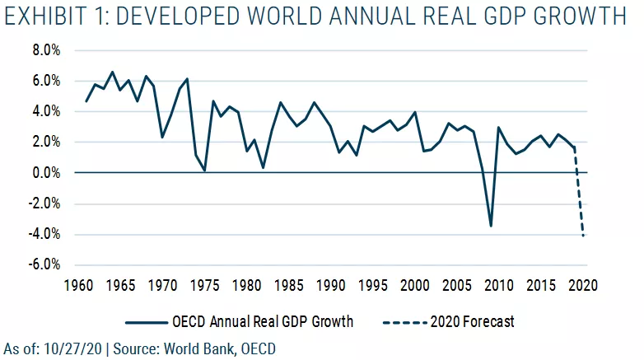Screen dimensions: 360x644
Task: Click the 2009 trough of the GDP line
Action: (x=491, y=226)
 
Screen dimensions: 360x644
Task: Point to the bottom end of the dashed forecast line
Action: (x=583, y=236)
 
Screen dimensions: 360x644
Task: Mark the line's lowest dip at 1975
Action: (x=204, y=171)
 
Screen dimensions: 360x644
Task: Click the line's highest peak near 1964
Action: (x=113, y=72)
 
